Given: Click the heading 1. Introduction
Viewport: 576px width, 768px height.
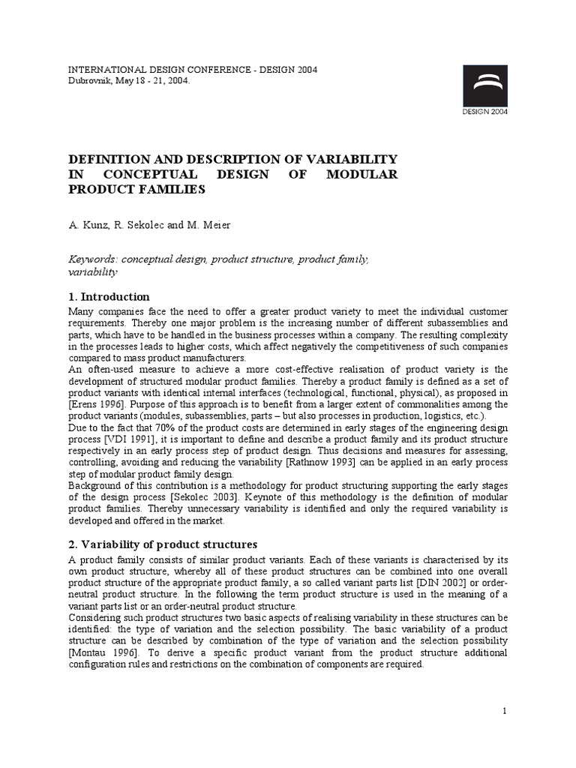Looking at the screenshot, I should click(109, 296).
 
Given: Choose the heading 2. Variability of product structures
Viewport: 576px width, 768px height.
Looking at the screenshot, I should click(163, 544).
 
